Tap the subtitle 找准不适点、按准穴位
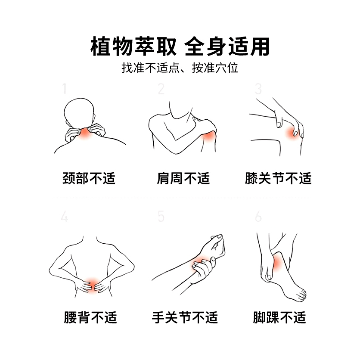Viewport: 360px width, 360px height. point(180,68)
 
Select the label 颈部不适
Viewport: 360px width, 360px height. point(89,178)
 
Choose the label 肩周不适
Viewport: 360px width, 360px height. point(183,178)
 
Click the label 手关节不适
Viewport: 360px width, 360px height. point(185,318)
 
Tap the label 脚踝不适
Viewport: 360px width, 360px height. point(279,318)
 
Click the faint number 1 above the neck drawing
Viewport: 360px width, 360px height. point(65,89)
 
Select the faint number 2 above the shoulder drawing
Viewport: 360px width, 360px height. point(161,89)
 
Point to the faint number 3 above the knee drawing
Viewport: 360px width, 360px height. point(258,89)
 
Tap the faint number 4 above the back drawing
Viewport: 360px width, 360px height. point(65,217)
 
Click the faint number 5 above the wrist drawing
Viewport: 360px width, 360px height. point(161,217)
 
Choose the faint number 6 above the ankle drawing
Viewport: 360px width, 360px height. point(258,217)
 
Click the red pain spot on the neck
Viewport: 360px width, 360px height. point(85,134)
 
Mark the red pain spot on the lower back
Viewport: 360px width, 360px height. point(91,284)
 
